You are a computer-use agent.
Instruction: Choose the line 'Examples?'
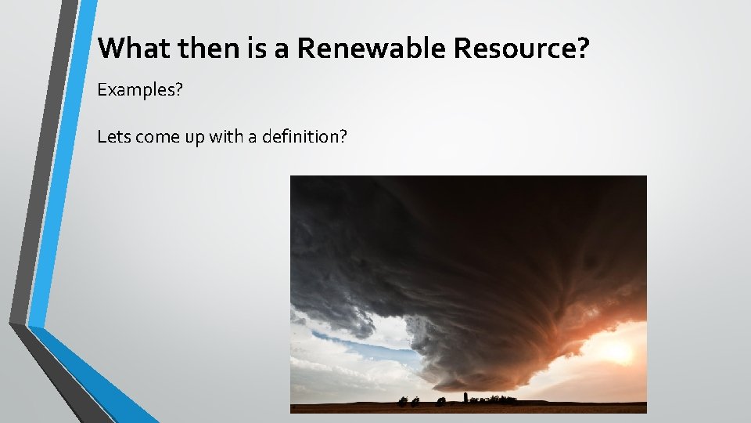click(x=139, y=91)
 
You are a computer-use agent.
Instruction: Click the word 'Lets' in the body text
click(x=113, y=137)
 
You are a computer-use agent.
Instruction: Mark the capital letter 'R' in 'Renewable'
click(x=307, y=49)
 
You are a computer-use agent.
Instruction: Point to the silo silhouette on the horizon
click(x=465, y=398)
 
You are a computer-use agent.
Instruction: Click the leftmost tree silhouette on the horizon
click(x=403, y=402)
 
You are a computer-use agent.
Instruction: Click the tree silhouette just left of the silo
click(x=441, y=401)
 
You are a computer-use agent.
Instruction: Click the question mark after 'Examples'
click(x=178, y=91)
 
